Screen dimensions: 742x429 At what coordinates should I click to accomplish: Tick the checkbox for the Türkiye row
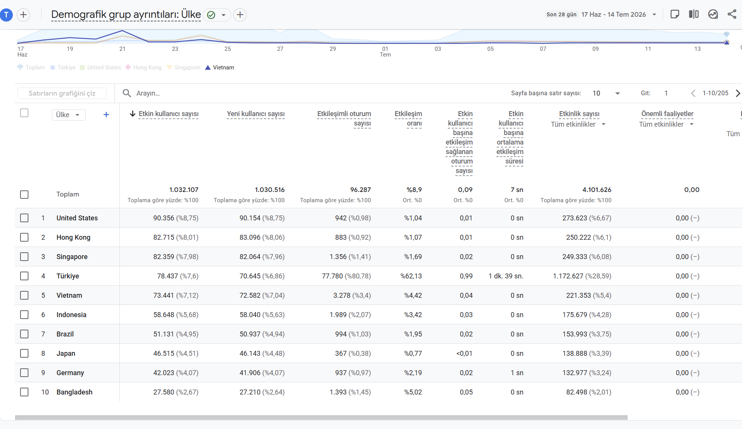[24, 276]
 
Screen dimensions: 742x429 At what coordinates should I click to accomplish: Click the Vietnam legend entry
[220, 68]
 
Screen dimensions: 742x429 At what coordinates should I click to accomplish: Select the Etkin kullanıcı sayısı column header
[168, 114]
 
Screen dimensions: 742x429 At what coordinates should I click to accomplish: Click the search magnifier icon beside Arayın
[127, 93]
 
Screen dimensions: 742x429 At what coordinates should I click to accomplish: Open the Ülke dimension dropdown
[68, 115]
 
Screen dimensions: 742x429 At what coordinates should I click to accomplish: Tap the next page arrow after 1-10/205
[737, 93]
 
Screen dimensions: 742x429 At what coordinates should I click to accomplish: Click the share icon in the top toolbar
[732, 14]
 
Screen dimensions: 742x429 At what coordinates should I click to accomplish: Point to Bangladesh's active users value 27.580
[164, 392]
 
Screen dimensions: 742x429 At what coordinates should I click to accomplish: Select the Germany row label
[70, 372]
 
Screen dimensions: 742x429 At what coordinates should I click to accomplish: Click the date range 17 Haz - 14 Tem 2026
[613, 14]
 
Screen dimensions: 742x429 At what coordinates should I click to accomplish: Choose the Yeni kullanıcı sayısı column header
[256, 114]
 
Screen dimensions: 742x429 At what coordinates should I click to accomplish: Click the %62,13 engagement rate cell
[411, 276]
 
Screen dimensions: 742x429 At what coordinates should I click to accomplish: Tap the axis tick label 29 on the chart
[333, 49]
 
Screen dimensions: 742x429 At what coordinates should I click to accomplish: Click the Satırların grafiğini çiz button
[62, 93]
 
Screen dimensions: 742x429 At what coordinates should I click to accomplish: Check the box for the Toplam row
[24, 195]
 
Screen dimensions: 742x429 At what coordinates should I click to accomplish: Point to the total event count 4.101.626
[597, 190]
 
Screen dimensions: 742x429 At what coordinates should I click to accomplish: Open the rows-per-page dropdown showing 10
[606, 93]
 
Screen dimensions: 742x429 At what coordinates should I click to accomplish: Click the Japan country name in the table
[66, 353]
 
